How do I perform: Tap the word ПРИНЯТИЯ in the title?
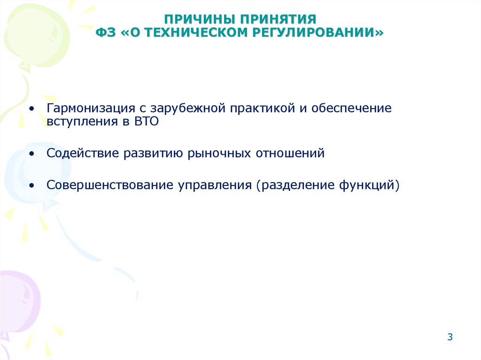tap(279, 20)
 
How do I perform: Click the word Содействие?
tap(83, 153)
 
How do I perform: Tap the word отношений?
tap(290, 153)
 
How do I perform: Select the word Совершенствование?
tap(110, 185)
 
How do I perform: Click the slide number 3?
tap(450, 337)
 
